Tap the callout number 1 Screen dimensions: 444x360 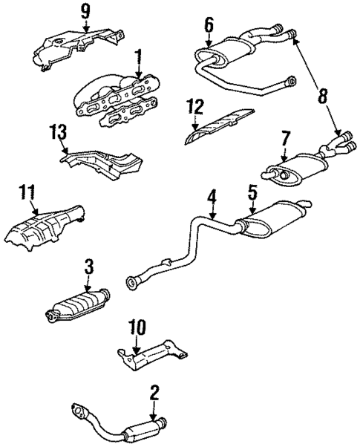[x=137, y=55]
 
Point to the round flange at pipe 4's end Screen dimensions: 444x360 [x=134, y=281]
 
